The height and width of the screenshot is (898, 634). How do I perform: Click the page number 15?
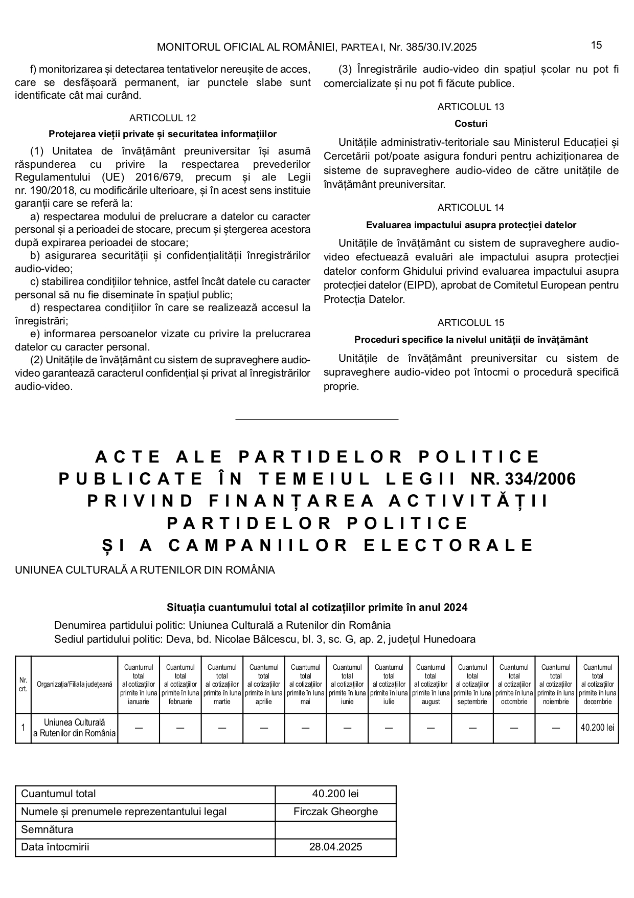pyautogui.click(x=596, y=45)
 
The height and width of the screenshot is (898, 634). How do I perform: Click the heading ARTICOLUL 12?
pyautogui.click(x=163, y=118)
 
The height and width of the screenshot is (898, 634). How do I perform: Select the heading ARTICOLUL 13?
pyautogui.click(x=471, y=106)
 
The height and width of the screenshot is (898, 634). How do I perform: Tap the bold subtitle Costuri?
pyautogui.click(x=471, y=123)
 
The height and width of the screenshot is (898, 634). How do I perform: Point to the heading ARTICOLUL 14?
pyautogui.click(x=471, y=207)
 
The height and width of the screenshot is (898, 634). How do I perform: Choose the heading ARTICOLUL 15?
pyautogui.click(x=471, y=322)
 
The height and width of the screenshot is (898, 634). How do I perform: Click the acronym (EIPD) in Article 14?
pyautogui.click(x=419, y=285)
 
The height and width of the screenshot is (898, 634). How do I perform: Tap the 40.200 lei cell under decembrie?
pyautogui.click(x=597, y=728)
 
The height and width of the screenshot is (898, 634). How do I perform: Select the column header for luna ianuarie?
pyautogui.click(x=139, y=684)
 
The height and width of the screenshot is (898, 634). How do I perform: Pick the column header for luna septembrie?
pyautogui.click(x=472, y=684)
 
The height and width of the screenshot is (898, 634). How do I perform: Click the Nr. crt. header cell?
pyautogui.click(x=23, y=684)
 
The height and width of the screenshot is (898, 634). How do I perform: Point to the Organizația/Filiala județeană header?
pyautogui.click(x=75, y=684)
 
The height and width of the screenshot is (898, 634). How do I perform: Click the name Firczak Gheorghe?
pyautogui.click(x=335, y=812)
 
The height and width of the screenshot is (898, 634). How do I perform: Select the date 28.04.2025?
pyautogui.click(x=335, y=847)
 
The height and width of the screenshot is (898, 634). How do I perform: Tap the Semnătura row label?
pyautogui.click(x=47, y=829)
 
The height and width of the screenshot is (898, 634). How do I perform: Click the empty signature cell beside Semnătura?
pyautogui.click(x=335, y=829)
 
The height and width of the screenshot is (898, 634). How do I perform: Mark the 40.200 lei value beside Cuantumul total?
pyautogui.click(x=335, y=794)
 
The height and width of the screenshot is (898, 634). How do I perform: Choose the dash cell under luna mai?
pyautogui.click(x=305, y=728)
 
